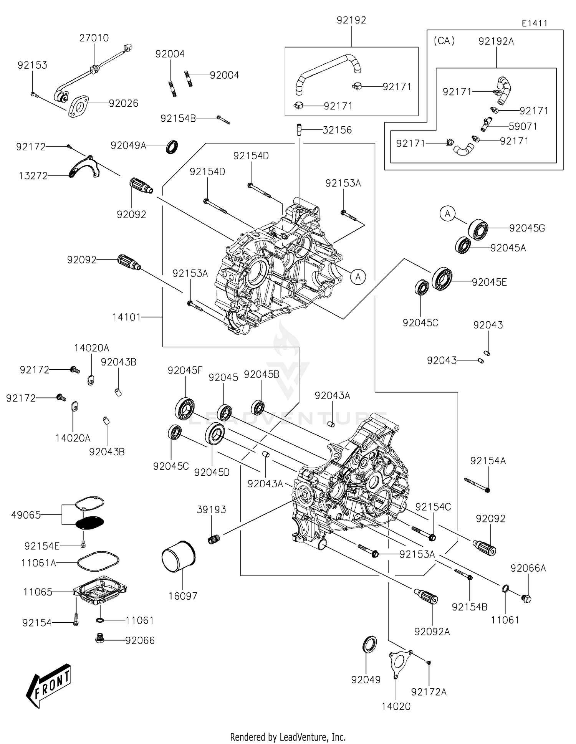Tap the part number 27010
94,38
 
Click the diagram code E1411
534,23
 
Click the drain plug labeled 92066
99,639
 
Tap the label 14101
127,317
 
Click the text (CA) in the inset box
444,41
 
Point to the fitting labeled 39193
214,539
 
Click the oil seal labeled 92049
370,644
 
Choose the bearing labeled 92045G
478,229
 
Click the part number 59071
523,126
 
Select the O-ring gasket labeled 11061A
98,562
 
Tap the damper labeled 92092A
426,597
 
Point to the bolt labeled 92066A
526,598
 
